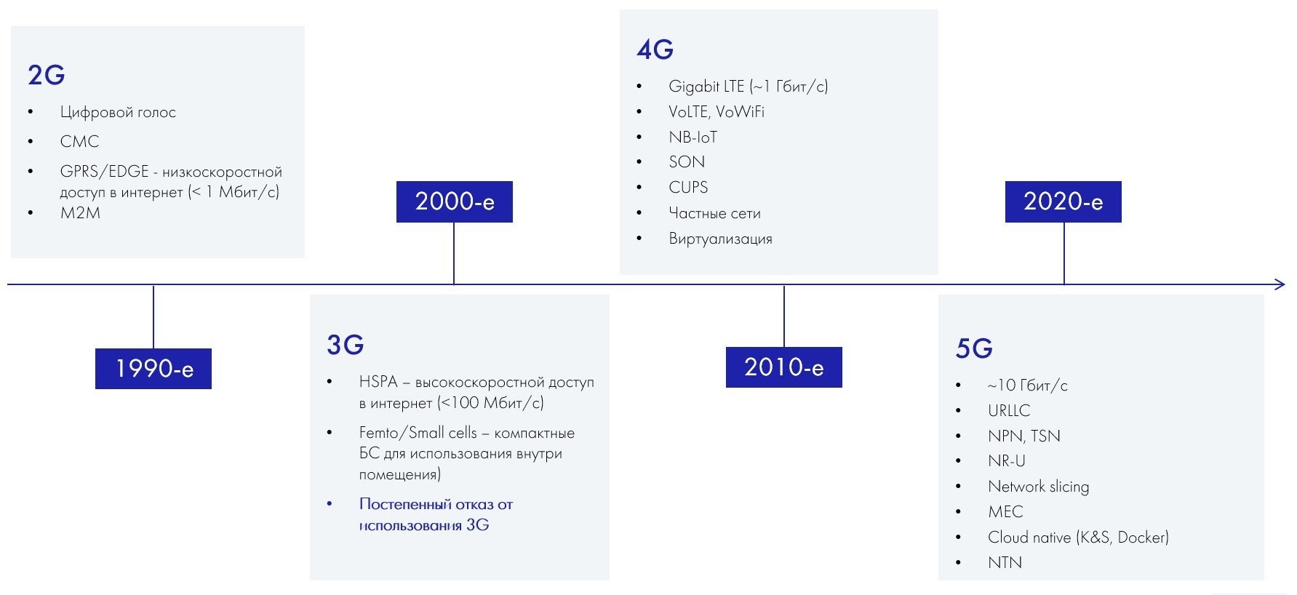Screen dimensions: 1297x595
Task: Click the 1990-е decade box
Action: click(153, 369)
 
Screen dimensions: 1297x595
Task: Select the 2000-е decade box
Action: click(455, 201)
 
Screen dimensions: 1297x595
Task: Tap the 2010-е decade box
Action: click(784, 367)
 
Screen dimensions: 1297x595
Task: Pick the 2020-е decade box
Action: click(1063, 201)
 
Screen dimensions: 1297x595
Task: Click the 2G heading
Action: click(47, 75)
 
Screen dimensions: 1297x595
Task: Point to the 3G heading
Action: click(346, 345)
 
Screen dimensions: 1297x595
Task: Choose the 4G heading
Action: click(655, 49)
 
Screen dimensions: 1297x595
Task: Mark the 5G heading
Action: click(974, 348)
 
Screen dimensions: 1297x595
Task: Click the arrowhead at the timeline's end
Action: click(1280, 284)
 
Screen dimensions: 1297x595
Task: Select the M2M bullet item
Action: click(80, 213)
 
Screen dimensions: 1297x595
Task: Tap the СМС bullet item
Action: click(79, 141)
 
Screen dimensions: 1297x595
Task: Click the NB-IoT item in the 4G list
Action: click(693, 137)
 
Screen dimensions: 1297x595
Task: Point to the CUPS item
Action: click(688, 188)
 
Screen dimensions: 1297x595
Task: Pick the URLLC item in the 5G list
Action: click(1009, 410)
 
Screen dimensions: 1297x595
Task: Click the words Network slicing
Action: click(1038, 487)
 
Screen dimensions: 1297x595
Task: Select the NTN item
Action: click(1005, 562)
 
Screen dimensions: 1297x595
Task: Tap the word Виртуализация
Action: click(720, 239)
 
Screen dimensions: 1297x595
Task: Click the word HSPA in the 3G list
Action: click(378, 382)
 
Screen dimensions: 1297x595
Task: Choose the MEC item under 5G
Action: click(1005, 512)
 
